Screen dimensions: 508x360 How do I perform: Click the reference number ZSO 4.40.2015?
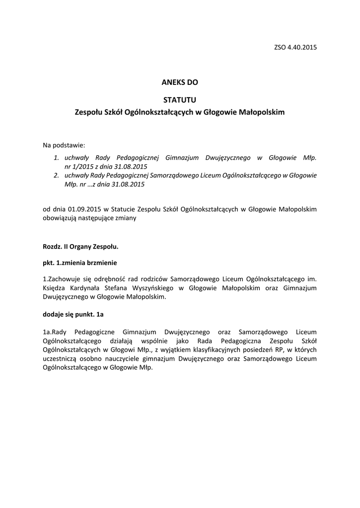click(x=295, y=48)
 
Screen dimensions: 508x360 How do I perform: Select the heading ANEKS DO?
click(x=180, y=82)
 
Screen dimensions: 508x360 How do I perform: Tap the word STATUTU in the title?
click(x=180, y=100)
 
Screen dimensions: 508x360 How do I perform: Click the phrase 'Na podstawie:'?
click(x=64, y=145)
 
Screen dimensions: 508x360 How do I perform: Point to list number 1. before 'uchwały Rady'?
click(x=57, y=158)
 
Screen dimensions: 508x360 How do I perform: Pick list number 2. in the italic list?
click(x=57, y=175)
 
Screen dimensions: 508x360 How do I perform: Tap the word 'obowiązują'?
click(x=60, y=217)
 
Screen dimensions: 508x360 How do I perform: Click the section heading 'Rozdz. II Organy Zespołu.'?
click(x=80, y=246)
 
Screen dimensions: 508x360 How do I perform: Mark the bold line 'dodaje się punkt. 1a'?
click(x=73, y=315)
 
